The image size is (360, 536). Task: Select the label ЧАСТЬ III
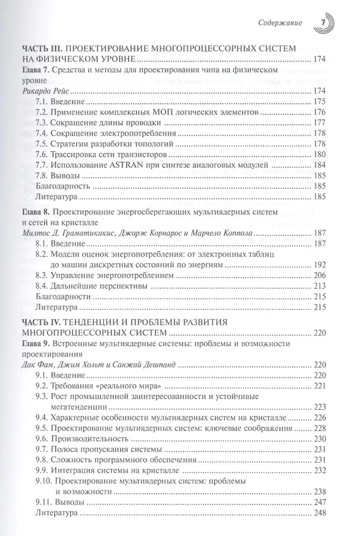click(42, 48)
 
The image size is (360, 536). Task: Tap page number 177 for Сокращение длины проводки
click(321, 123)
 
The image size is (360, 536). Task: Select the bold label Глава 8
click(36, 213)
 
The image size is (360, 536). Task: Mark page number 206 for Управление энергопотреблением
click(321, 276)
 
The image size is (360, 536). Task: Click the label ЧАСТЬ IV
click(42, 322)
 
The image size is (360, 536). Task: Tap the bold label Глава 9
click(36, 344)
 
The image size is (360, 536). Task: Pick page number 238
click(321, 492)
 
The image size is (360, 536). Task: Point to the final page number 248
click(321, 513)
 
